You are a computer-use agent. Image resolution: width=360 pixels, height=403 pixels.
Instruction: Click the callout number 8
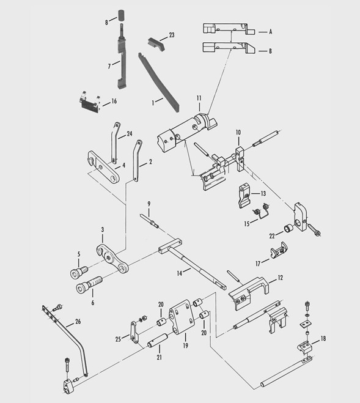coord(106,22)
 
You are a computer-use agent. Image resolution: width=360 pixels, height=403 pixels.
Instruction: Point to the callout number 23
coord(171,35)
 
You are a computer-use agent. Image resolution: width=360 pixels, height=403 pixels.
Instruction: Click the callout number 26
coord(78,322)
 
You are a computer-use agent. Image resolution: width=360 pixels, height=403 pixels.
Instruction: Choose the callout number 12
coord(280,277)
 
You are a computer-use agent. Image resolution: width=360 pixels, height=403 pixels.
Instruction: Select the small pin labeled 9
coord(150,220)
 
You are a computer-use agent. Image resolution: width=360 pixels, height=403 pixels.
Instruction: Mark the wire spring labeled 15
coord(262,213)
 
